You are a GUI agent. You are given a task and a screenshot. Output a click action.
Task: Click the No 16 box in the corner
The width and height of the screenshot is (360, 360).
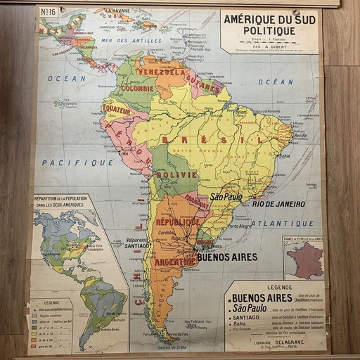pyautogui.click(x=49, y=12)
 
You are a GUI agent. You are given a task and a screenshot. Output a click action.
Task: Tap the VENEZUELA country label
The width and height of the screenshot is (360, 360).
pyautogui.click(x=162, y=72)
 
